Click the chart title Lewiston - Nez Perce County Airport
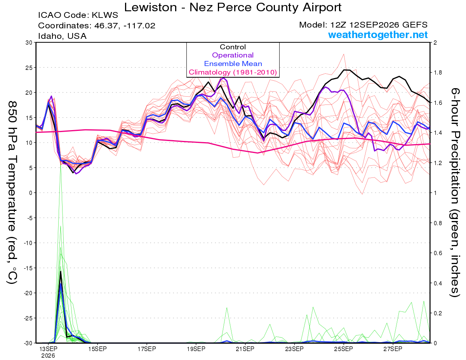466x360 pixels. click(233, 7)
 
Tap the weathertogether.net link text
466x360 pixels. click(378, 35)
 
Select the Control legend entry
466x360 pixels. click(233, 47)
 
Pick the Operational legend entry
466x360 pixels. click(233, 55)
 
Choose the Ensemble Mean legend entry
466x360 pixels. click(233, 64)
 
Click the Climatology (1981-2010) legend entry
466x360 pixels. click(233, 72)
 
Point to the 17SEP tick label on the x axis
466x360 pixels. click(147, 349)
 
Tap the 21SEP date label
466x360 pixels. click(245, 349)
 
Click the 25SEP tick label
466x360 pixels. click(344, 349)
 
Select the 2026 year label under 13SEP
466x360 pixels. click(48, 356)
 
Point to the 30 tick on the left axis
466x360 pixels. click(29, 42)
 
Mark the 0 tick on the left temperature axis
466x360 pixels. click(30, 193)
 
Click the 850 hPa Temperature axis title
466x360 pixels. click(12, 193)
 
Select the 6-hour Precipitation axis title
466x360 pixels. click(455, 193)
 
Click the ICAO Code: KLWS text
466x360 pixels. click(78, 15)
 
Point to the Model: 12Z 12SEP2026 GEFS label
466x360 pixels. click(363, 25)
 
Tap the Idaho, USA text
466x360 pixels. click(63, 36)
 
